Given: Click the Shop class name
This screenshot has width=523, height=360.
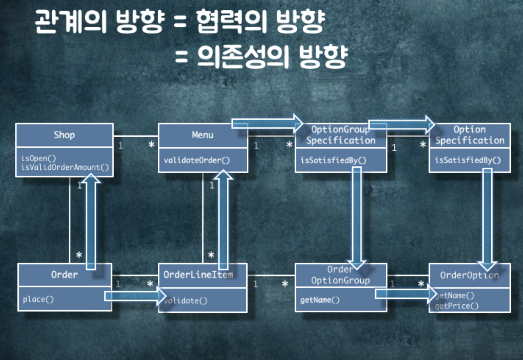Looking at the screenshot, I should point(64,135).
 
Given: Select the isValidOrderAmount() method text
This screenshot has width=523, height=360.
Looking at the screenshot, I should point(65,167).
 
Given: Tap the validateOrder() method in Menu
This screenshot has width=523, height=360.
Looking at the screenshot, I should point(196,160).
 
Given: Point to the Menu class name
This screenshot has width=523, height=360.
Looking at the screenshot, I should point(203,135).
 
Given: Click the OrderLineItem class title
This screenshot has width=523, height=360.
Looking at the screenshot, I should point(198,275).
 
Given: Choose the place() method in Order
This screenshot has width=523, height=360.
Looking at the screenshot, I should point(38,299).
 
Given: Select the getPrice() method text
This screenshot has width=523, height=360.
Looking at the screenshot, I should point(456,306).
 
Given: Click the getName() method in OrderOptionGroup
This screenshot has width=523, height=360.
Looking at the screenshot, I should point(320,300).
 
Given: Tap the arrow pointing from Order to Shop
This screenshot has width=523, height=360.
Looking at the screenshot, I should point(91,222).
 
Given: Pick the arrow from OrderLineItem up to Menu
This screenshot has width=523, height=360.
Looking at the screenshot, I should point(223,220).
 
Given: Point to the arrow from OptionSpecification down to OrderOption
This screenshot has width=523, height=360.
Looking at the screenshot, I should point(487,218).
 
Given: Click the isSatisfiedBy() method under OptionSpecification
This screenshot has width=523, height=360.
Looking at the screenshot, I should point(467,160).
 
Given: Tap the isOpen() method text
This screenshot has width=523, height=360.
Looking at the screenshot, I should point(38,158).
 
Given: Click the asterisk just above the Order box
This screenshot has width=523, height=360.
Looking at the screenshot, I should point(79,255).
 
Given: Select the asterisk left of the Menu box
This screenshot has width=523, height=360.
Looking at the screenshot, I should point(151,145).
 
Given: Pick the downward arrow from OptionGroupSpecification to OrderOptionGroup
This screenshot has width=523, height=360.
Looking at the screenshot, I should point(357,218).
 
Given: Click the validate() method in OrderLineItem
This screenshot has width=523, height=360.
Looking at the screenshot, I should point(185,301).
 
